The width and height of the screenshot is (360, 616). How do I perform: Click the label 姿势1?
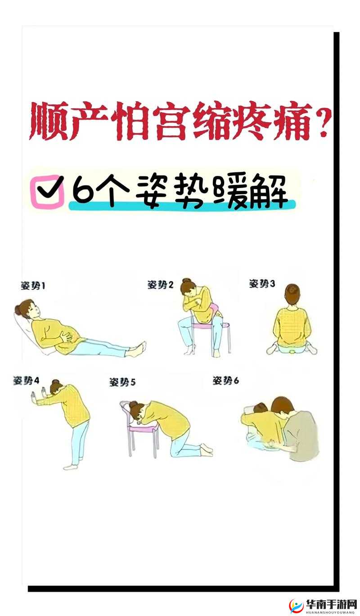coord(33,285)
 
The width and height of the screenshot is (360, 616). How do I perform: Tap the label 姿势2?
coord(160,285)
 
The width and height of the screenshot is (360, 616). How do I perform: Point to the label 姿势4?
coord(26,381)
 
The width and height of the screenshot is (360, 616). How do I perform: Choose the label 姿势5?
coord(122,382)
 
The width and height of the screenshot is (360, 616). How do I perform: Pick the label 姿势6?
coord(226,381)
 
